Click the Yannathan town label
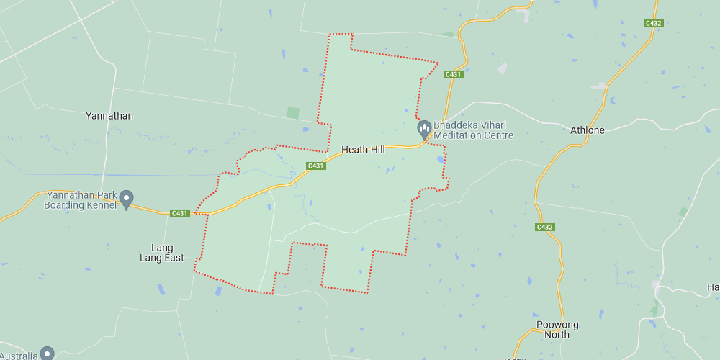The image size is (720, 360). click(109, 116)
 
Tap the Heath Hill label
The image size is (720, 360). click(363, 150)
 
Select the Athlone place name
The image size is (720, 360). click(588, 130)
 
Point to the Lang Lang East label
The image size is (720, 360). click(162, 253)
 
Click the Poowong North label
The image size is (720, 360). click(557, 330)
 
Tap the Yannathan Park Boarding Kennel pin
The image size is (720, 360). click(127, 199)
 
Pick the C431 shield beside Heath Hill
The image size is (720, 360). click(316, 166)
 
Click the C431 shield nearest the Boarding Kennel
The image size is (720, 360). click(180, 213)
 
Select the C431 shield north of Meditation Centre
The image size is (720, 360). click(453, 74)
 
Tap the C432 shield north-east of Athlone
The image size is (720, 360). click(653, 23)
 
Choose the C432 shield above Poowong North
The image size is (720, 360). click(545, 228)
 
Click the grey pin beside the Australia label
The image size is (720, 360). click(47, 353)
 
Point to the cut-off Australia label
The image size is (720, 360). click(18, 356)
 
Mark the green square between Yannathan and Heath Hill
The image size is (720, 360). click(292, 113)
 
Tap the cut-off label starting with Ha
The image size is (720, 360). click(713, 287)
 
